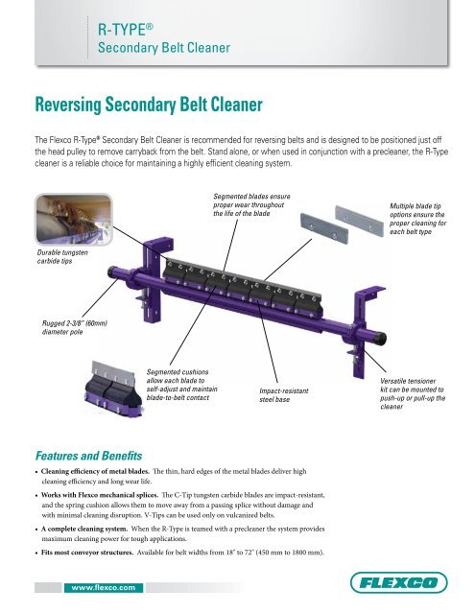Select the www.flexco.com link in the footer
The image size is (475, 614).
(100, 584)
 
